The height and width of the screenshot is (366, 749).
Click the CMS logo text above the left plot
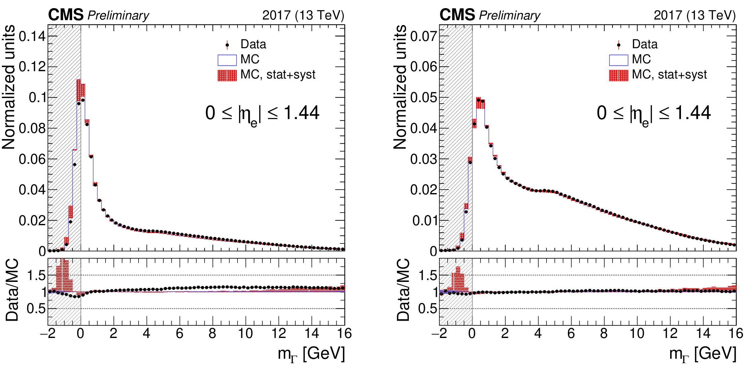click(66, 15)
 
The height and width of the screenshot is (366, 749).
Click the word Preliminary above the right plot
click(510, 15)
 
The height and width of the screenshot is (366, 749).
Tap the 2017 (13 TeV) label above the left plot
click(303, 15)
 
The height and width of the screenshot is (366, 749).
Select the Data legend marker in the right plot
click(619, 45)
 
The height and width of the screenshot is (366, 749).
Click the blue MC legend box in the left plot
click(227, 60)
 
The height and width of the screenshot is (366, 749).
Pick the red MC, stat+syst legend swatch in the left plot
click(227, 75)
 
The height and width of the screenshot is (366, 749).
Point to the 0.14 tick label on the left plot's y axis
click(32, 37)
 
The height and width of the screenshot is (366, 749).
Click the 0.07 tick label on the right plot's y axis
click(424, 37)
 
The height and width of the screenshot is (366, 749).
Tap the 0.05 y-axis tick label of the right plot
click(424, 98)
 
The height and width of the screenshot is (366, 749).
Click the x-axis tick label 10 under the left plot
click(245, 334)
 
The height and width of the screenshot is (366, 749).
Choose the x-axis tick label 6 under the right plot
click(571, 334)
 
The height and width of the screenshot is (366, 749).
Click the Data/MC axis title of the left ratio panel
click(12, 290)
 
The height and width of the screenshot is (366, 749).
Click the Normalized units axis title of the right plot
click(400, 87)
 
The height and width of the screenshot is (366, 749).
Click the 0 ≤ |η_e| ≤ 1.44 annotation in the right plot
click(654, 113)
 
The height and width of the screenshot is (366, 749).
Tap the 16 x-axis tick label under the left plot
click(345, 334)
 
